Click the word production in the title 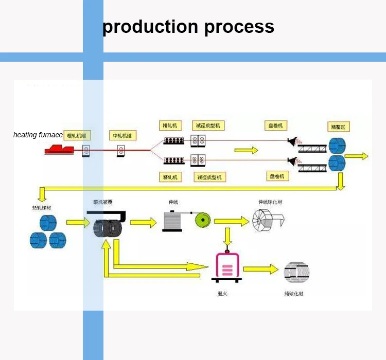pos(150,26)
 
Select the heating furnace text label pos(38,135)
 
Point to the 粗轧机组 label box pos(78,136)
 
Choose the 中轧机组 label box pos(122,136)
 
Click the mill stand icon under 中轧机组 pos(122,151)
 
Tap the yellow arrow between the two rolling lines pos(246,150)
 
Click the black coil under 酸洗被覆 pos(108,227)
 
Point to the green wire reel pos(202,220)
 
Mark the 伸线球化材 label pos(270,202)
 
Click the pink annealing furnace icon pos(227,267)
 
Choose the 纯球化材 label pos(293,294)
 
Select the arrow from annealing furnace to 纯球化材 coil pos(260,269)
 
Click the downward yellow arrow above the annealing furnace pos(227,236)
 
